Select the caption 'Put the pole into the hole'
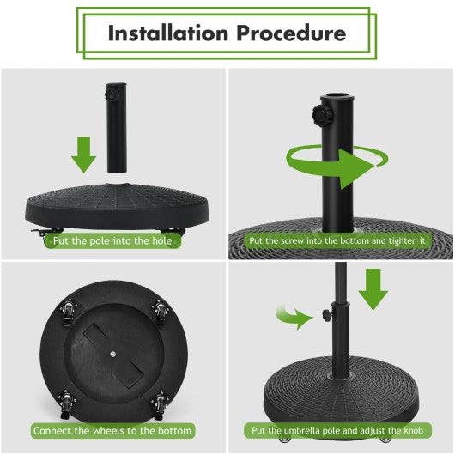(x=113, y=241)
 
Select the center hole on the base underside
(x=113, y=352)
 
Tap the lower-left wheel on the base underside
(x=67, y=398)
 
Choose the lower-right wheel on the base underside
(x=160, y=398)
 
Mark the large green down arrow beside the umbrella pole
(x=373, y=288)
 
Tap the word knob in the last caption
(x=411, y=430)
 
